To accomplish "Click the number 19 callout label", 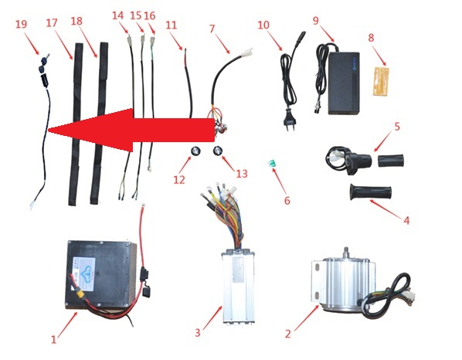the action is coord(21,24).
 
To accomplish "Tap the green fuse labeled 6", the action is coord(272,164).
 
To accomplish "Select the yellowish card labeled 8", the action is coord(382,81).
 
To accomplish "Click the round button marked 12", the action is coord(195,151).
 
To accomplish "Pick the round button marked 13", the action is coord(218,151).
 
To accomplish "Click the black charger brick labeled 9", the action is coord(344,83).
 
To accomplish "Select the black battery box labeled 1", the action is coord(100,274).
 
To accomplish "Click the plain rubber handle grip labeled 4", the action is coord(371,192).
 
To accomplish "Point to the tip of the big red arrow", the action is coord(48,130).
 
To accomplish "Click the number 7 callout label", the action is coord(212,29).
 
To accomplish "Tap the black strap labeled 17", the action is coord(76,124).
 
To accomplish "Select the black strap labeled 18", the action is coord(99,123).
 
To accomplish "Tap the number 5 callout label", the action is coord(397,127).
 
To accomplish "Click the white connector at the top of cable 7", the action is coord(246,53).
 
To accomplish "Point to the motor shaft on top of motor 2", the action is coord(346,252).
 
